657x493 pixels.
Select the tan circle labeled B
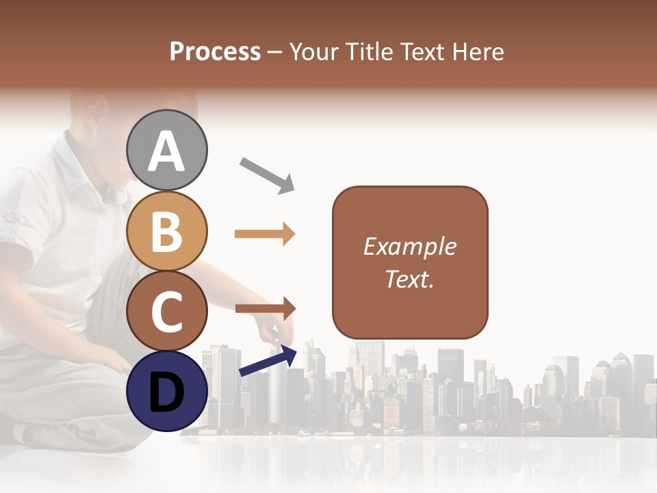[x=167, y=231]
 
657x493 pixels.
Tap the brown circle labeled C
[x=167, y=311]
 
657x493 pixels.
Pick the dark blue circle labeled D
[x=167, y=391]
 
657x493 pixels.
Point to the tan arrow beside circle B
[x=265, y=234]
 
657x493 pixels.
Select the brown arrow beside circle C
[x=265, y=309]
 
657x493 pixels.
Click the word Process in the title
[x=215, y=52]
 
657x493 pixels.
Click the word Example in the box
[x=409, y=246]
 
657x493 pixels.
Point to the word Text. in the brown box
[x=409, y=279]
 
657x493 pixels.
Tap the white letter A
[x=167, y=151]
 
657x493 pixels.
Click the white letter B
[x=167, y=231]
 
